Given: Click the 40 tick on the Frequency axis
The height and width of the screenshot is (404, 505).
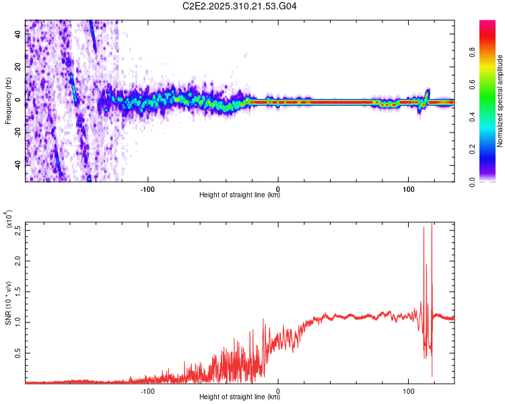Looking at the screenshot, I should tap(18, 35).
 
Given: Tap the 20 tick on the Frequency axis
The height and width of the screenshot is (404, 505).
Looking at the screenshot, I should tap(18, 67).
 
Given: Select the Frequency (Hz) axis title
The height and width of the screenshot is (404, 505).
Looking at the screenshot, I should tap(8, 101).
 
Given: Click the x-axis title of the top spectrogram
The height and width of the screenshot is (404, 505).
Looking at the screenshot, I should tap(240, 195).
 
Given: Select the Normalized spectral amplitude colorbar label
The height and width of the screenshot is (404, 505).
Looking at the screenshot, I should tap(500, 101).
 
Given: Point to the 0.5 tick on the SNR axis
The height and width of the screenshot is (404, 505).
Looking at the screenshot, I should tap(18, 352).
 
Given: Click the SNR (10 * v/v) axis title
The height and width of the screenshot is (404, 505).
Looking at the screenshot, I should tap(8, 303).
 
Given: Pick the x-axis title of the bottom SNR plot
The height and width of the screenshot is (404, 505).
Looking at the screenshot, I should tap(240, 397).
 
